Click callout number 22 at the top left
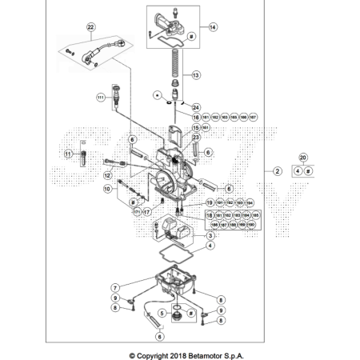pos(90,27)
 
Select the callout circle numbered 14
pos(213,26)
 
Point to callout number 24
pos(197,106)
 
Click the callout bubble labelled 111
pos(102,97)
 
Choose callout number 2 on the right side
pos(276,171)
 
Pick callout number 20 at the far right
pos(302,158)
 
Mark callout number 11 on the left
pos(69,154)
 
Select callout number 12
pos(106,174)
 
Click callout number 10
pos(106,190)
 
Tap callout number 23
pos(196,138)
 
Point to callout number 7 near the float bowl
pos(115,286)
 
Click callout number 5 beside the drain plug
pos(162,313)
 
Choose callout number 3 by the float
pos(210,236)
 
